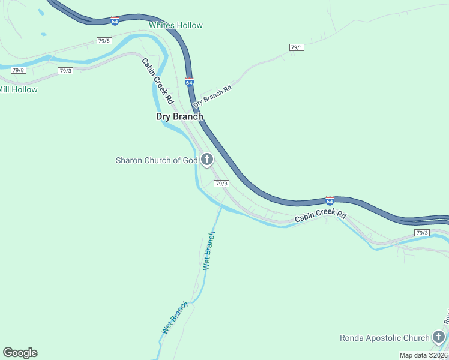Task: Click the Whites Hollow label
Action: point(176,25)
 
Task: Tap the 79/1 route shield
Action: point(297,47)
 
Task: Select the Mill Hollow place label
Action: point(18,90)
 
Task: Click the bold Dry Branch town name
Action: point(179,116)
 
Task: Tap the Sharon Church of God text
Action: point(157,160)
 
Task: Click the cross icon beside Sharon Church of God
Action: point(207,160)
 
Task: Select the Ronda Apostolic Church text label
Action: point(384,338)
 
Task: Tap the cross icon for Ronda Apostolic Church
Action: point(439,337)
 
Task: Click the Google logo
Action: point(20,353)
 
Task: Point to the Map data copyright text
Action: point(424,355)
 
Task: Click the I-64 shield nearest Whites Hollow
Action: point(115,21)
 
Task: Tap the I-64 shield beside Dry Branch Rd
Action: point(189,82)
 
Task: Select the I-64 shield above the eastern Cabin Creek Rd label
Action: point(330,200)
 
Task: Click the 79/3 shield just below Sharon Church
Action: point(221,184)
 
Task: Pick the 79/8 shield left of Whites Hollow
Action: point(104,40)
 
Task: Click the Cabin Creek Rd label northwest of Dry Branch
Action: point(157,80)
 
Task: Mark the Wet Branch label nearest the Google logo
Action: point(175,318)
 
